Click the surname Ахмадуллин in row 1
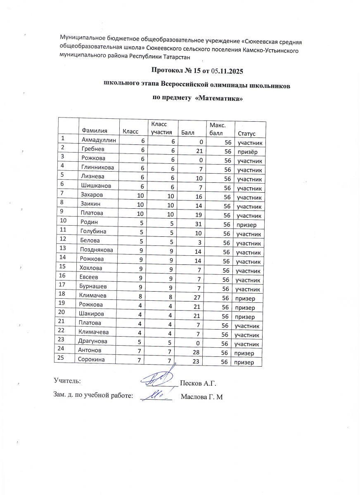99,141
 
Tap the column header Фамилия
95,132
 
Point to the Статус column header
246,134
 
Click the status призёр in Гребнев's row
247,151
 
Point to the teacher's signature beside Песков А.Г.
159,379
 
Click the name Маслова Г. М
202,397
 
